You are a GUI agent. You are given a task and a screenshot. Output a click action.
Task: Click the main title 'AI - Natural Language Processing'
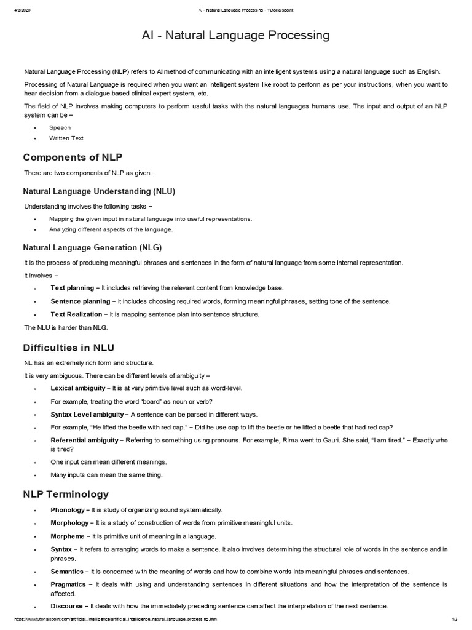pyautogui.click(x=236, y=35)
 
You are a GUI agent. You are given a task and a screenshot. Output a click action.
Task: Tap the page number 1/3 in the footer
pyautogui.click(x=455, y=618)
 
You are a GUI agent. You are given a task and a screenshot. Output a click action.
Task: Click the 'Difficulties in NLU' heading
pyautogui.click(x=68, y=348)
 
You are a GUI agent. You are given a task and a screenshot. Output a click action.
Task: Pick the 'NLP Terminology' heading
pyautogui.click(x=66, y=494)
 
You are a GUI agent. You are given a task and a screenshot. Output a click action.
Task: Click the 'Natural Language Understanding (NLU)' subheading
pyautogui.click(x=99, y=191)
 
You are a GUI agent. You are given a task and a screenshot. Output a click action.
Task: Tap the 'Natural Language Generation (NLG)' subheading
pyautogui.click(x=92, y=247)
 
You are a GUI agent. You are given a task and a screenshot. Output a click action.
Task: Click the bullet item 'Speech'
pyautogui.click(x=60, y=127)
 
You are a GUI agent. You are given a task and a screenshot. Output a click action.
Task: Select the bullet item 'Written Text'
pyautogui.click(x=66, y=138)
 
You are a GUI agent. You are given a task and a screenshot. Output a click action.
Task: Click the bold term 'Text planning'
pyautogui.click(x=72, y=288)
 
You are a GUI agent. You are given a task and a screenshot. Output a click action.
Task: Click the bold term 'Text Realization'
pyautogui.click(x=76, y=314)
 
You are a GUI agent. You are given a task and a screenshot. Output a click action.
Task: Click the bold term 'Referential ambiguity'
pyautogui.click(x=84, y=441)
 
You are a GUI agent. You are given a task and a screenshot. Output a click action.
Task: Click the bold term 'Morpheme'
pyautogui.click(x=68, y=536)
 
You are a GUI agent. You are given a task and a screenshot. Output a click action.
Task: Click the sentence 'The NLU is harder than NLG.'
pyautogui.click(x=66, y=327)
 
